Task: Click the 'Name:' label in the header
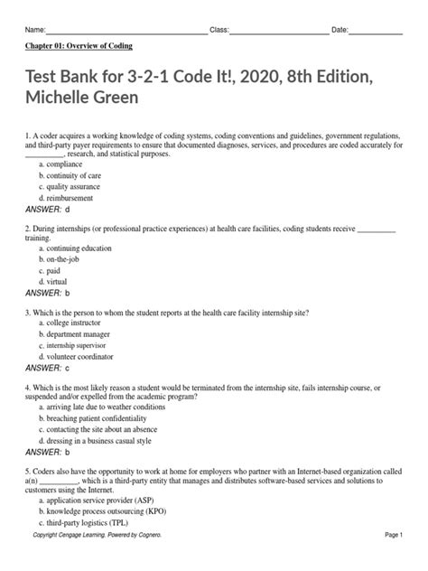[x=34, y=31]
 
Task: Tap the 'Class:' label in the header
[x=219, y=31]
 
